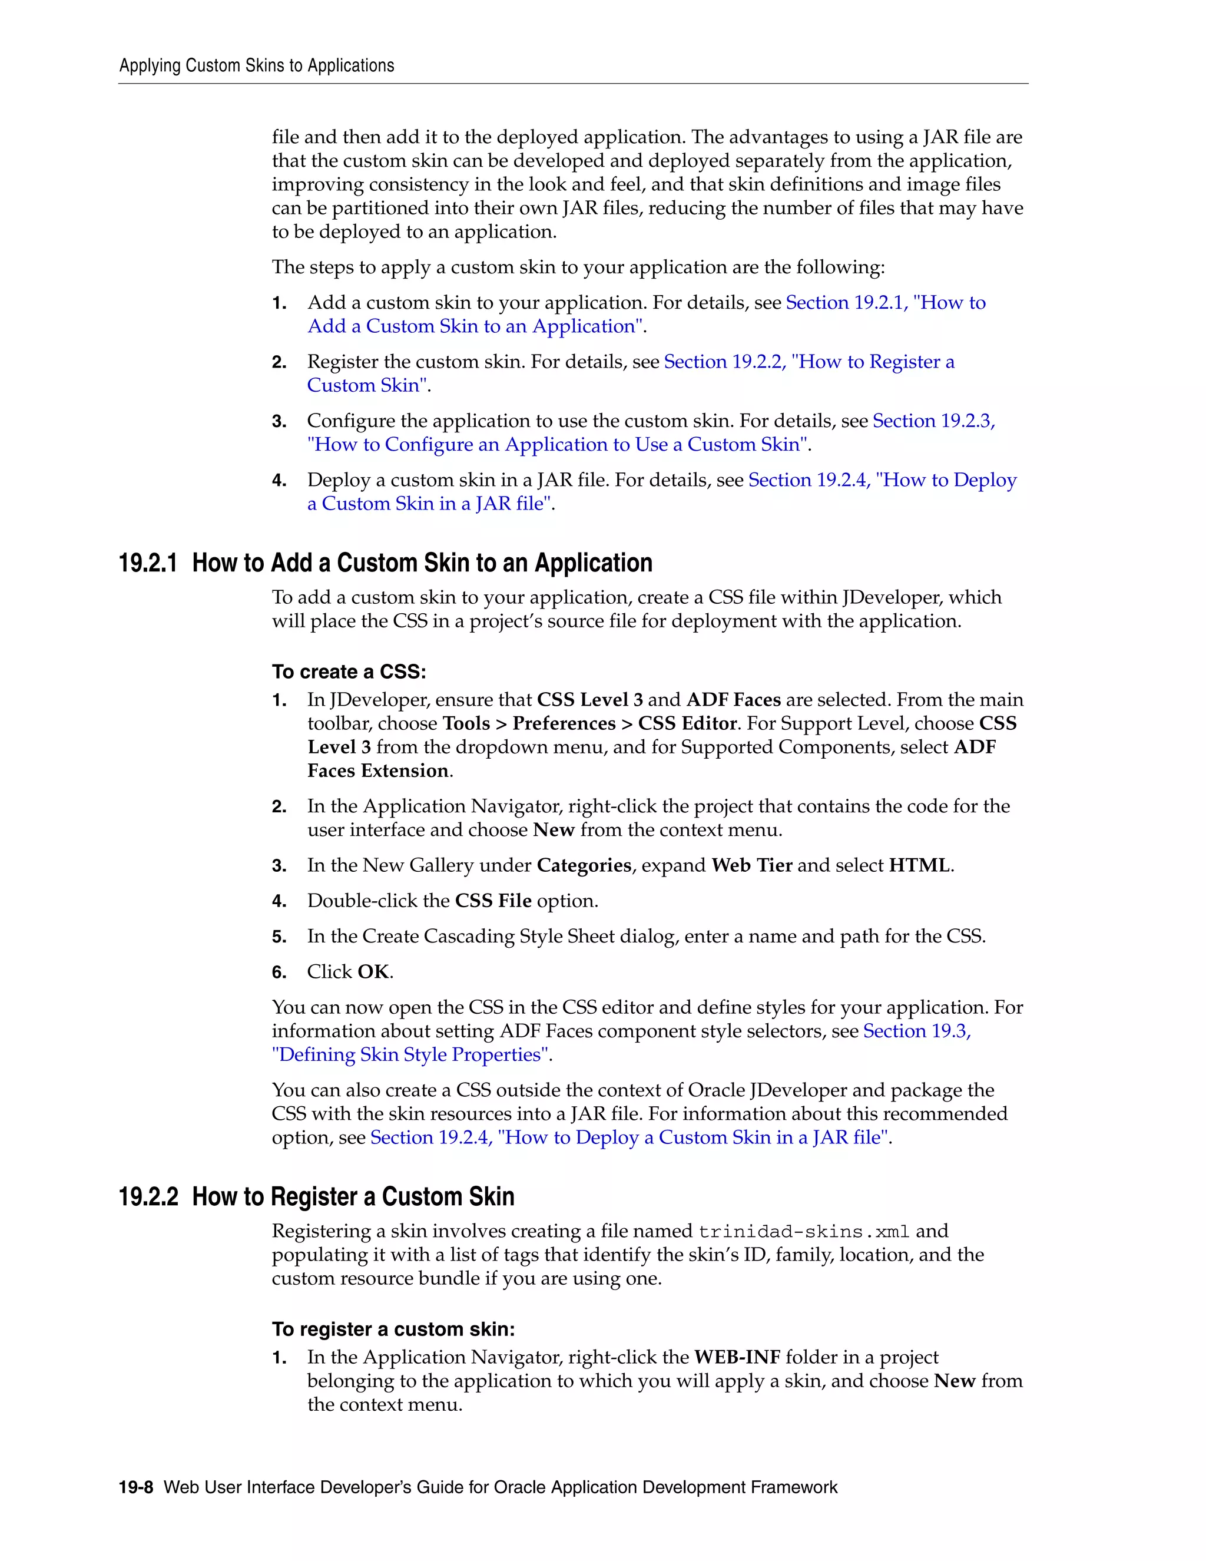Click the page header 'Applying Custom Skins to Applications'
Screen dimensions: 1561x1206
click(x=257, y=66)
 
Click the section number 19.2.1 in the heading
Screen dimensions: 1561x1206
click(x=148, y=563)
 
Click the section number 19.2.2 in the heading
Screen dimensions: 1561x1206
click(x=148, y=1196)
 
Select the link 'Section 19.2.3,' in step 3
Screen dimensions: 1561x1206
click(x=934, y=421)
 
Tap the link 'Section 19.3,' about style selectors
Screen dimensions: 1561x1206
click(x=917, y=1031)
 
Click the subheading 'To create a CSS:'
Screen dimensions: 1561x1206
click(x=349, y=672)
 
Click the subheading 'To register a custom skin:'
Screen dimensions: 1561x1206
click(x=393, y=1330)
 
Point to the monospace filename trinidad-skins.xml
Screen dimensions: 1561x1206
click(x=804, y=1232)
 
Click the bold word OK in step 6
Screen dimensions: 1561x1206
click(x=373, y=972)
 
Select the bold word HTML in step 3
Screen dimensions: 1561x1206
click(x=919, y=865)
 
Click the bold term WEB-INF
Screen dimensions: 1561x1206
click(x=737, y=1357)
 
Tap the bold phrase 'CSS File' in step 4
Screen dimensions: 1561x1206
click(x=493, y=901)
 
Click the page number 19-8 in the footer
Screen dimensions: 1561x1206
click(x=136, y=1487)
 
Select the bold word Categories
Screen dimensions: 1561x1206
click(x=584, y=865)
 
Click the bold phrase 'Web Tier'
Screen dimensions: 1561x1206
click(x=751, y=865)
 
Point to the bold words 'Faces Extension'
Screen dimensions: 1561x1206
click(x=378, y=771)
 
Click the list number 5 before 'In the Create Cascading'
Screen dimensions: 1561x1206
click(x=279, y=937)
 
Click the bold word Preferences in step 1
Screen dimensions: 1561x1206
click(x=564, y=723)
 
